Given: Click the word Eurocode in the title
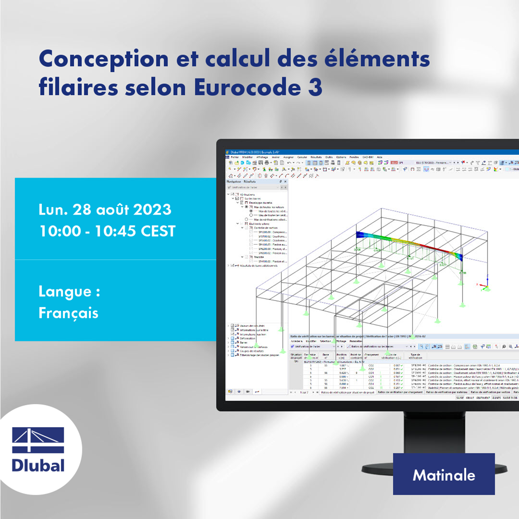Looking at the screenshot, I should coord(243,87).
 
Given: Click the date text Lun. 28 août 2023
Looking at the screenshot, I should coord(105,210).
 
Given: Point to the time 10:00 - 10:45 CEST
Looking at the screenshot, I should coord(107,231).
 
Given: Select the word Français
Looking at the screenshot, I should coord(68,313).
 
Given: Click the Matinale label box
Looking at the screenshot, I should coord(444,475).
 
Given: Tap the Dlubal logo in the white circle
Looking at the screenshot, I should coord(38,449).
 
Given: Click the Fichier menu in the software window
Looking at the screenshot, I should coord(235,157).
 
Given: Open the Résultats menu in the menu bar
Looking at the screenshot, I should coord(316,157).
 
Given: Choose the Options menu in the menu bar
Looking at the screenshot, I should coord(341,157).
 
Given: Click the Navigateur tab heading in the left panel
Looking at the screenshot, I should coord(234,182).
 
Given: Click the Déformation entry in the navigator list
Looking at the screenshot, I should coord(247,338).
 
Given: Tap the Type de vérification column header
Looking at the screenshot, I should coord(416,356).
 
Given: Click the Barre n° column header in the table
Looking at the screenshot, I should coord(326,356).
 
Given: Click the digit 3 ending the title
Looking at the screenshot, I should coord(315,87).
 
